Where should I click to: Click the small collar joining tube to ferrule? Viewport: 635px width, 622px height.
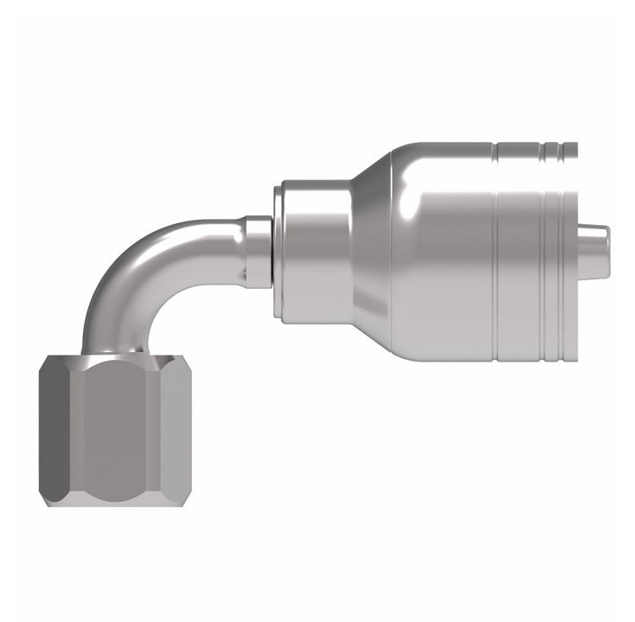click(257, 252)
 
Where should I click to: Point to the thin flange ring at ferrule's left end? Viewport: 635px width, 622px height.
click(277, 252)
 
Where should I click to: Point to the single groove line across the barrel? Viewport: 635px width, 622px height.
click(496, 252)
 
